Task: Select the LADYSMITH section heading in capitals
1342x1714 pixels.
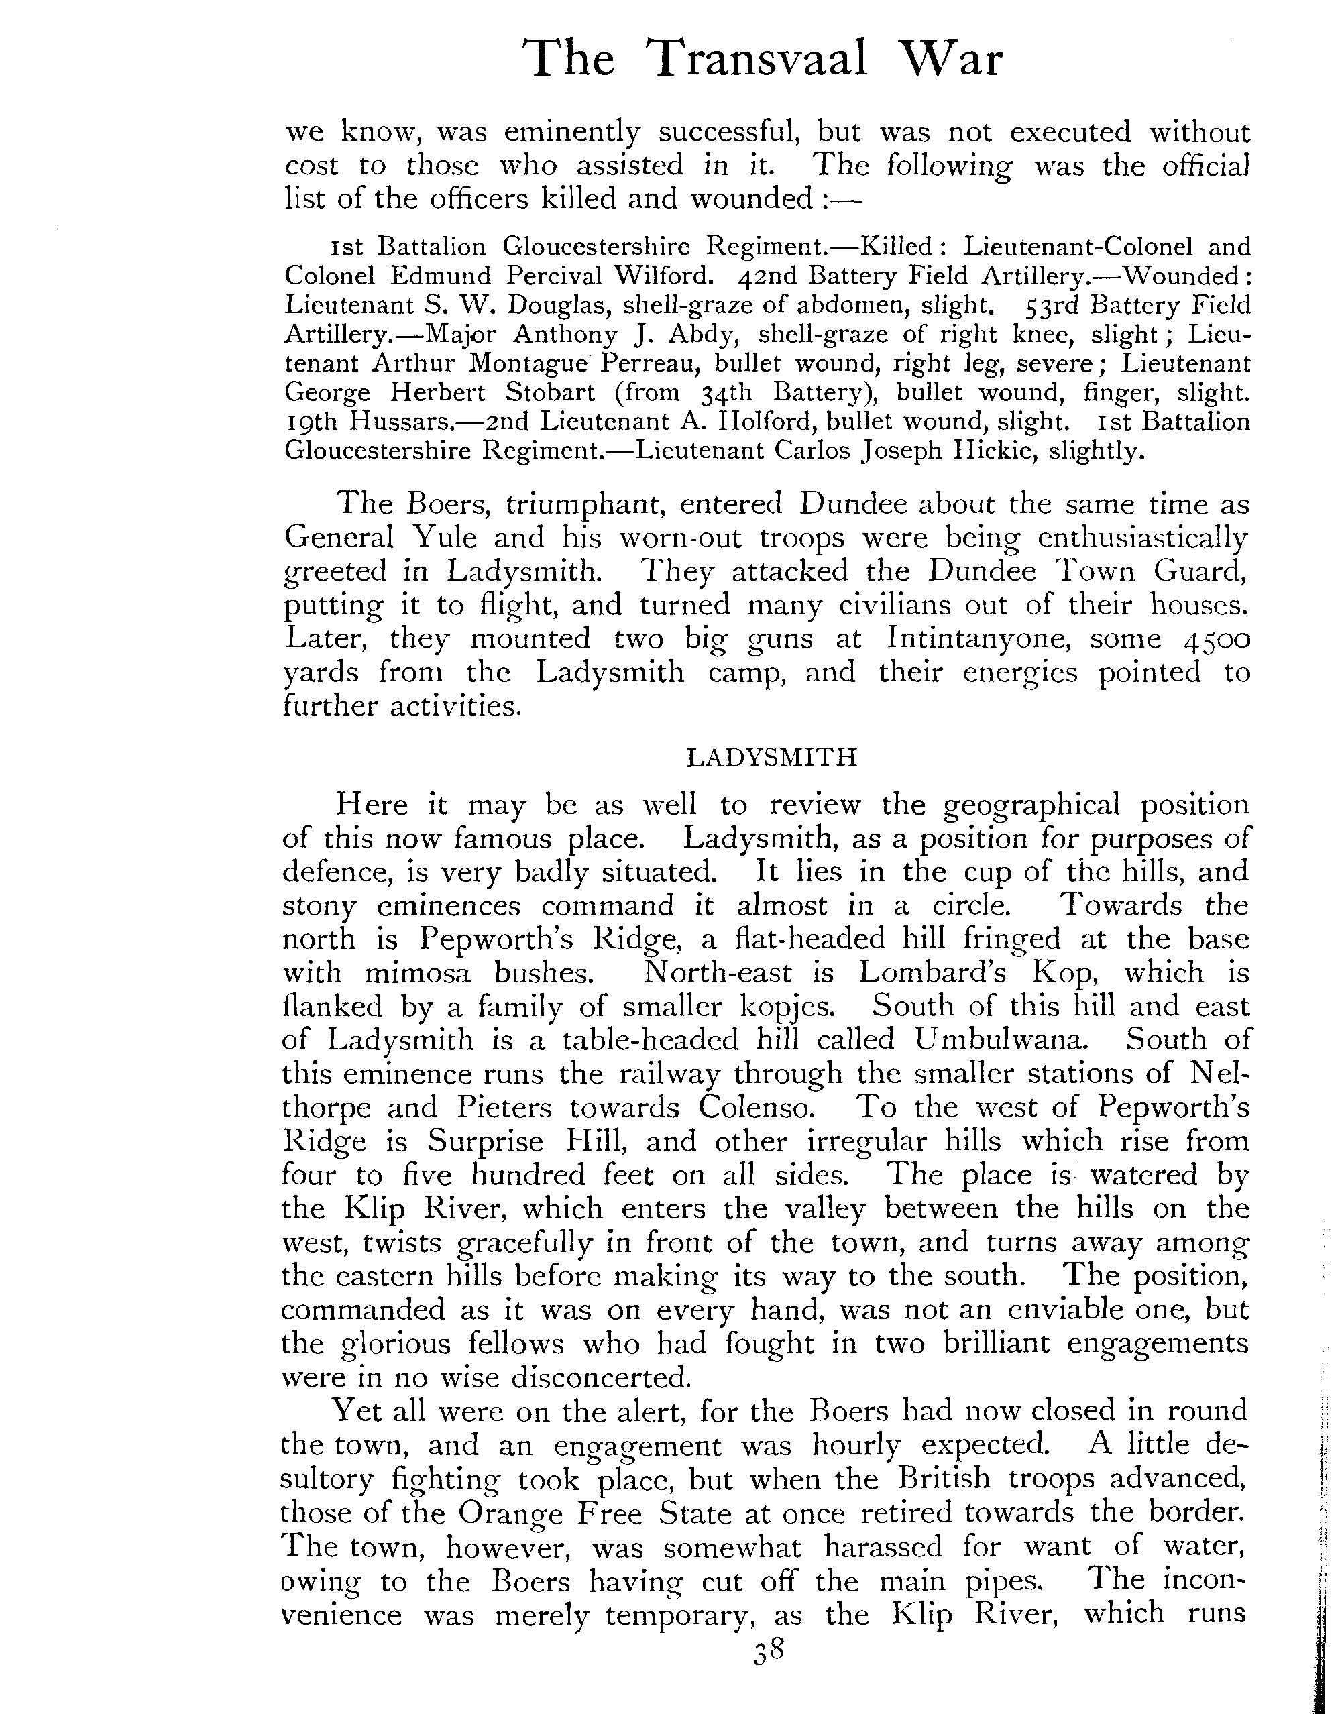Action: click(771, 758)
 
